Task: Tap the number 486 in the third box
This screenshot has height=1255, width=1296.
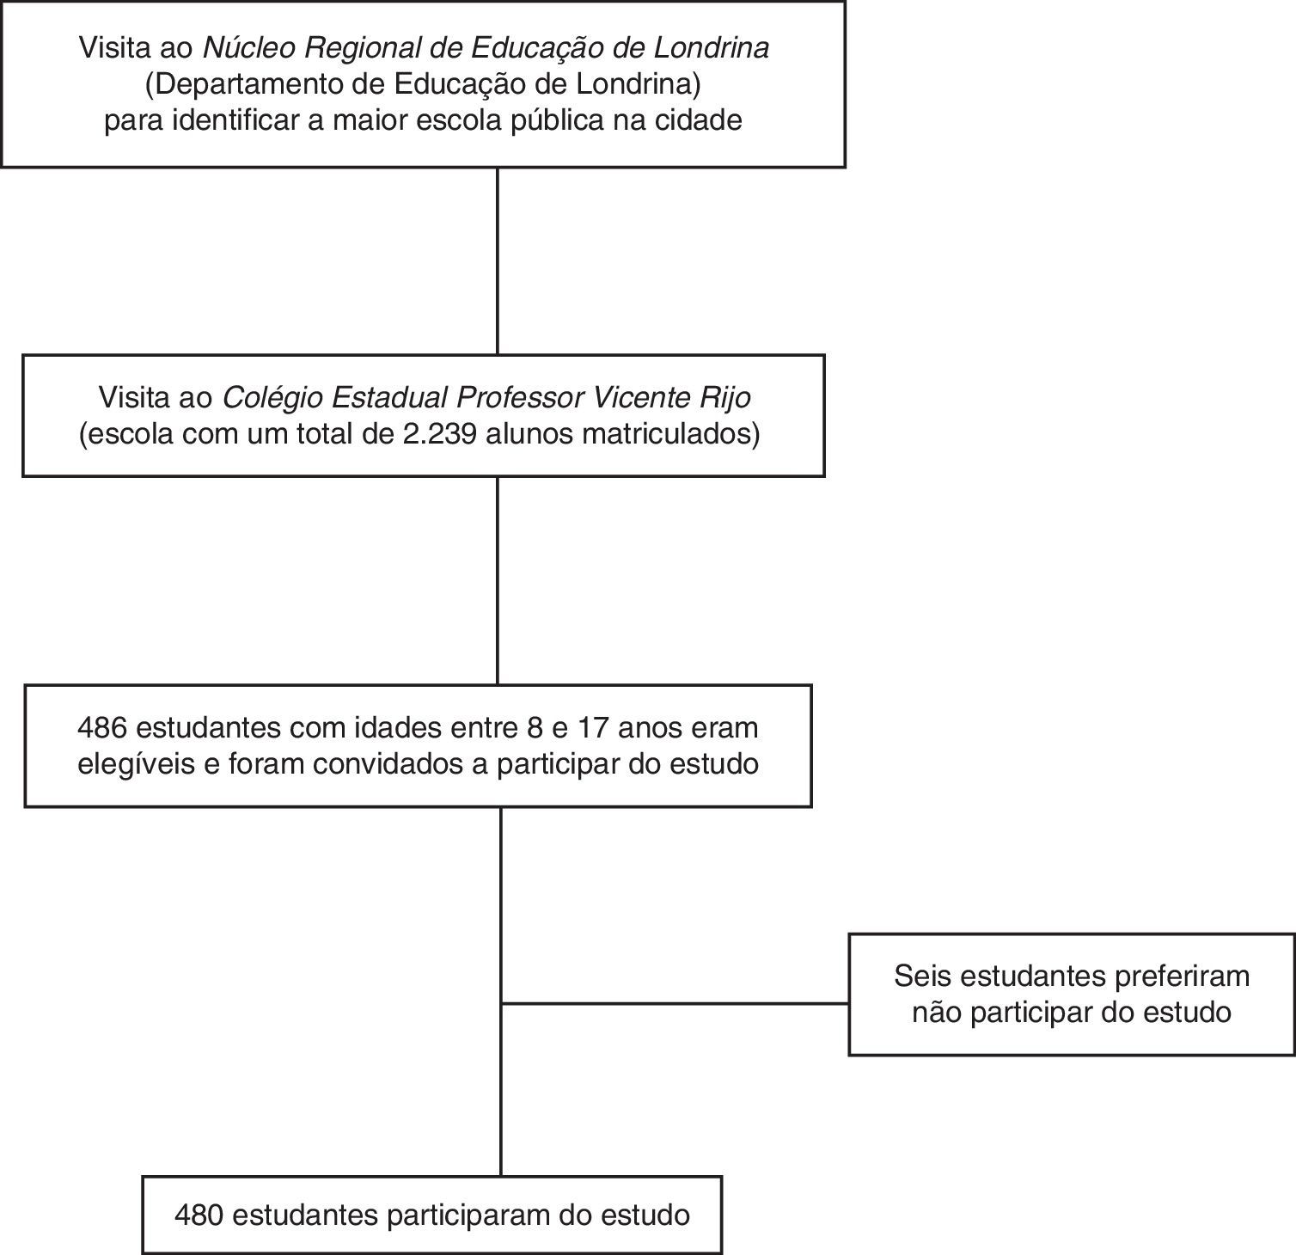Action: (x=102, y=727)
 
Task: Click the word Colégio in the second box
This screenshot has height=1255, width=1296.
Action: (x=272, y=398)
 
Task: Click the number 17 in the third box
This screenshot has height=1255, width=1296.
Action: (x=593, y=727)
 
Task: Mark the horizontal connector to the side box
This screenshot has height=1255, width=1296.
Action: (x=675, y=1003)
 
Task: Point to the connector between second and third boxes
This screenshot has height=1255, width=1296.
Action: (x=498, y=580)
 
